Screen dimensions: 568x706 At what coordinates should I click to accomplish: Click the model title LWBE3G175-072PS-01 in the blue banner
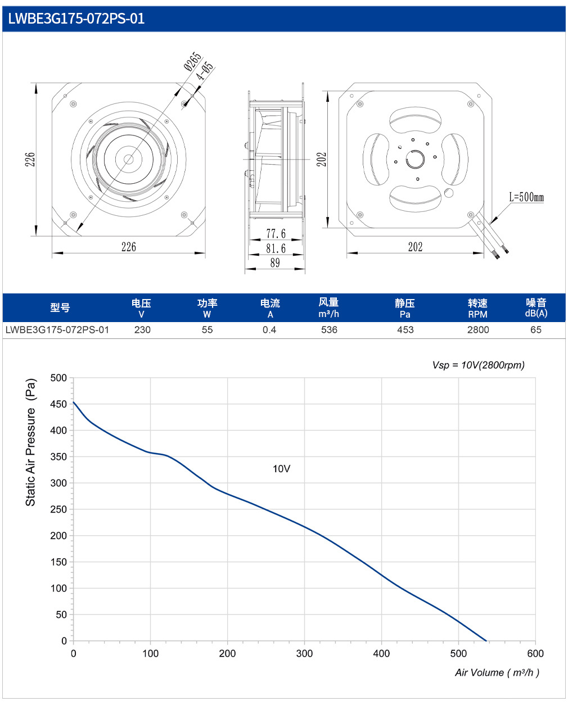76,19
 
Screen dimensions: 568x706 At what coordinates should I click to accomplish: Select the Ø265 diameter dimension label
193,61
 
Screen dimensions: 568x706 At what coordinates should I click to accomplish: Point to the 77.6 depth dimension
276,234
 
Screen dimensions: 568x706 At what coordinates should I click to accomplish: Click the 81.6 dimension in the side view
276,248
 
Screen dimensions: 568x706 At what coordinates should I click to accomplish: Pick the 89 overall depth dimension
275,263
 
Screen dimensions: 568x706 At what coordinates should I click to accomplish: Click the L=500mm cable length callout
526,197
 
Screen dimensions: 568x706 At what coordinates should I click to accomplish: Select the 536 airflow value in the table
329,330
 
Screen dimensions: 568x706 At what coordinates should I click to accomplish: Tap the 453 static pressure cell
405,330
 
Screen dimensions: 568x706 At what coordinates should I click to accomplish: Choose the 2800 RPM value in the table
478,330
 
